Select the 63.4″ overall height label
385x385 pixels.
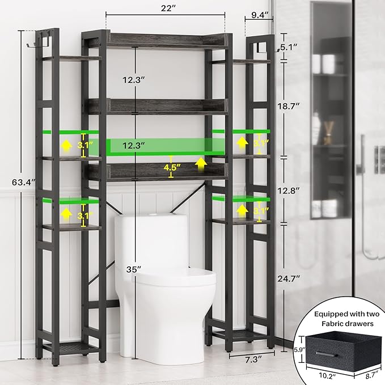click(x=11, y=183)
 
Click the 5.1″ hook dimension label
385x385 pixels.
click(x=293, y=49)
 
